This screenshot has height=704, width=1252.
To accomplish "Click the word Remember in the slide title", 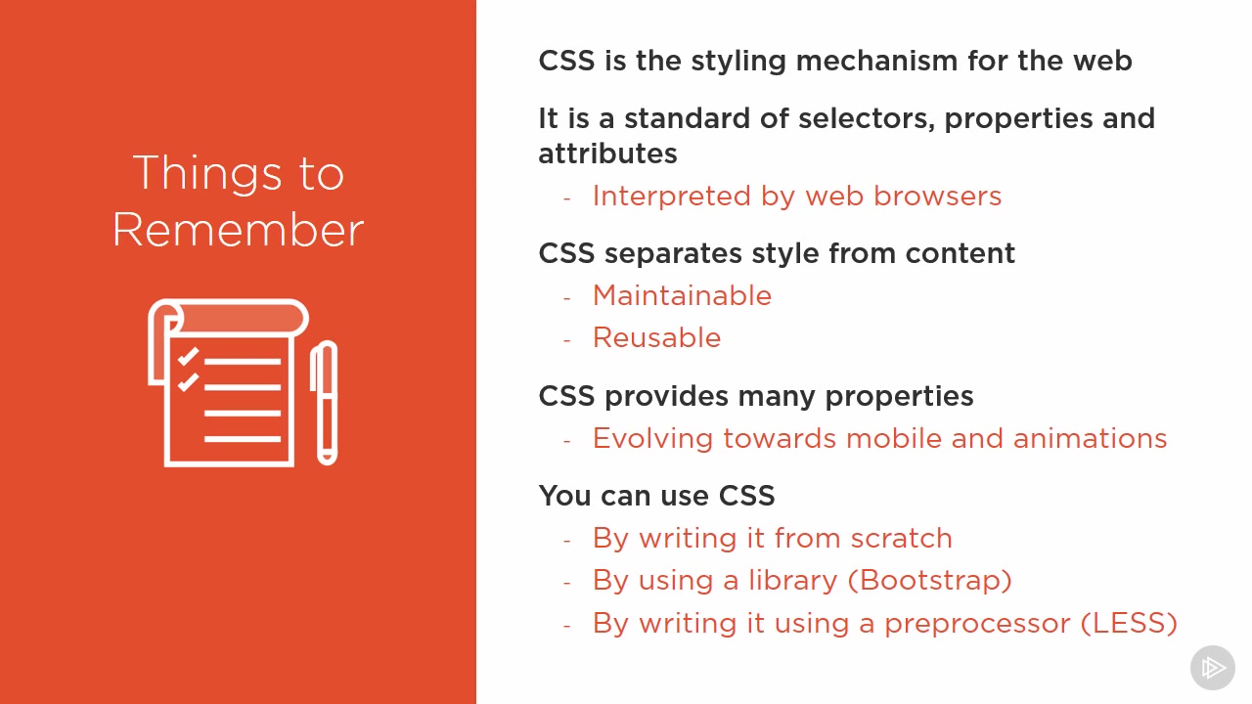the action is point(238,230).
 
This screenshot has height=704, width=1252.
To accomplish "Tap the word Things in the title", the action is point(207,174).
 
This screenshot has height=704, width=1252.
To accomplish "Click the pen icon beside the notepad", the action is point(327,402).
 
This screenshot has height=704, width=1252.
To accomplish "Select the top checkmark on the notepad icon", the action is point(189,356).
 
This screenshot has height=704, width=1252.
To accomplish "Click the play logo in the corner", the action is point(1212,668).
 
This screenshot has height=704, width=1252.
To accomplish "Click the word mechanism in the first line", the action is point(876,60).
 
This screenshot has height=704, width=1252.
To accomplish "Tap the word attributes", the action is point(607,154).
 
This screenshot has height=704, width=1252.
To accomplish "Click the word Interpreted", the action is point(671,197).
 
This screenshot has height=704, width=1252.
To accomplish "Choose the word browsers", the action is point(937,197).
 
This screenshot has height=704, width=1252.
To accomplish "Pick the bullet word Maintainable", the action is point(682,295).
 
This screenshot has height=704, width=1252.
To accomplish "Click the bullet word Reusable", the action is point(656,337).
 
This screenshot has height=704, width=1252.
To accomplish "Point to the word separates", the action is point(673,254).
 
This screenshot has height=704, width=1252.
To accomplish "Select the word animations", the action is point(1090,438).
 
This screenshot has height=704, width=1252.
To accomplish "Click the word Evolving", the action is point(652,439).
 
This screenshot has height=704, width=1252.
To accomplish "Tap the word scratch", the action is point(901,538).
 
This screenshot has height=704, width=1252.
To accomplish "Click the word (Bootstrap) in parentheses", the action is point(930,581).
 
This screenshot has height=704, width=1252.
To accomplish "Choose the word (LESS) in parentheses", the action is point(1129,623).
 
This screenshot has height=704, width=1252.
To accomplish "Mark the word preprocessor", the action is point(977,624).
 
